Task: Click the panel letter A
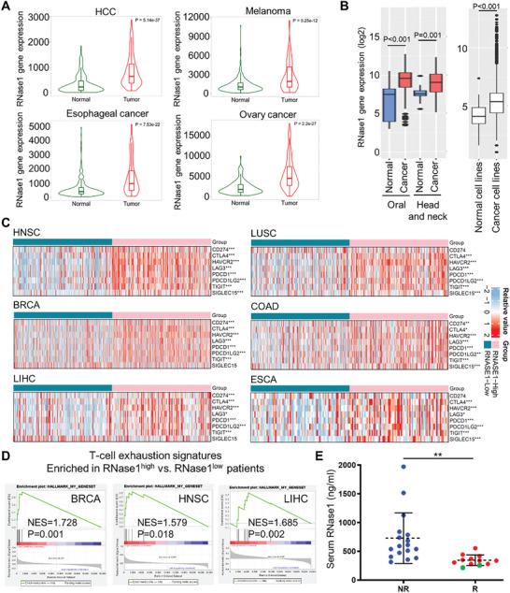[7, 7]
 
